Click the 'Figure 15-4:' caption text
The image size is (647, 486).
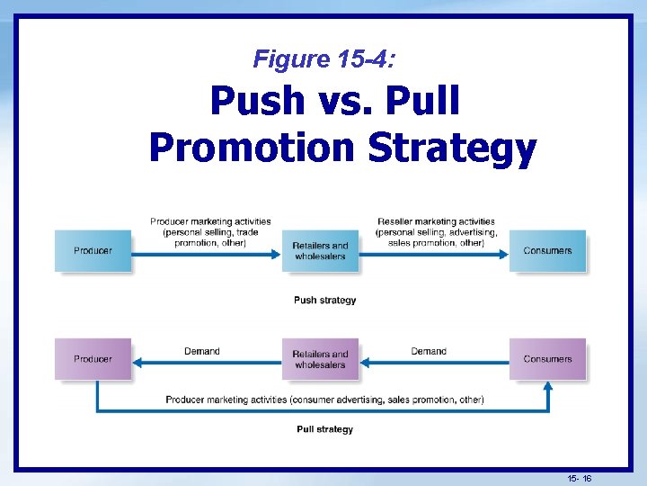tap(323, 59)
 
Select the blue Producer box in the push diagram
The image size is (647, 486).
tap(93, 250)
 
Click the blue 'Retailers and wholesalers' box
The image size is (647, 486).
tap(320, 250)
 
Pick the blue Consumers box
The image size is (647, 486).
tap(547, 250)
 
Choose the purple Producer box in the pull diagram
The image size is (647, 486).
tap(93, 358)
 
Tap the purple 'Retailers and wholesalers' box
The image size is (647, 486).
tap(320, 358)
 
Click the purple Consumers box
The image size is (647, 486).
tap(547, 358)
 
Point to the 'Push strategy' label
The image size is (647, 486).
tap(324, 300)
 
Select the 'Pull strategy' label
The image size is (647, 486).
tap(324, 429)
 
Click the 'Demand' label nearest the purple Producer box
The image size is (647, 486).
tap(201, 351)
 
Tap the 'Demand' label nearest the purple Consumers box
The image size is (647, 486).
tap(429, 351)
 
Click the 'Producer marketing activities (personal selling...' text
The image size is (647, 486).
tap(210, 231)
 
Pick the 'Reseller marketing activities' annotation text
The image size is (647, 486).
tap(436, 221)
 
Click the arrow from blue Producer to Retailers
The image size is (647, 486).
tap(207, 254)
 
